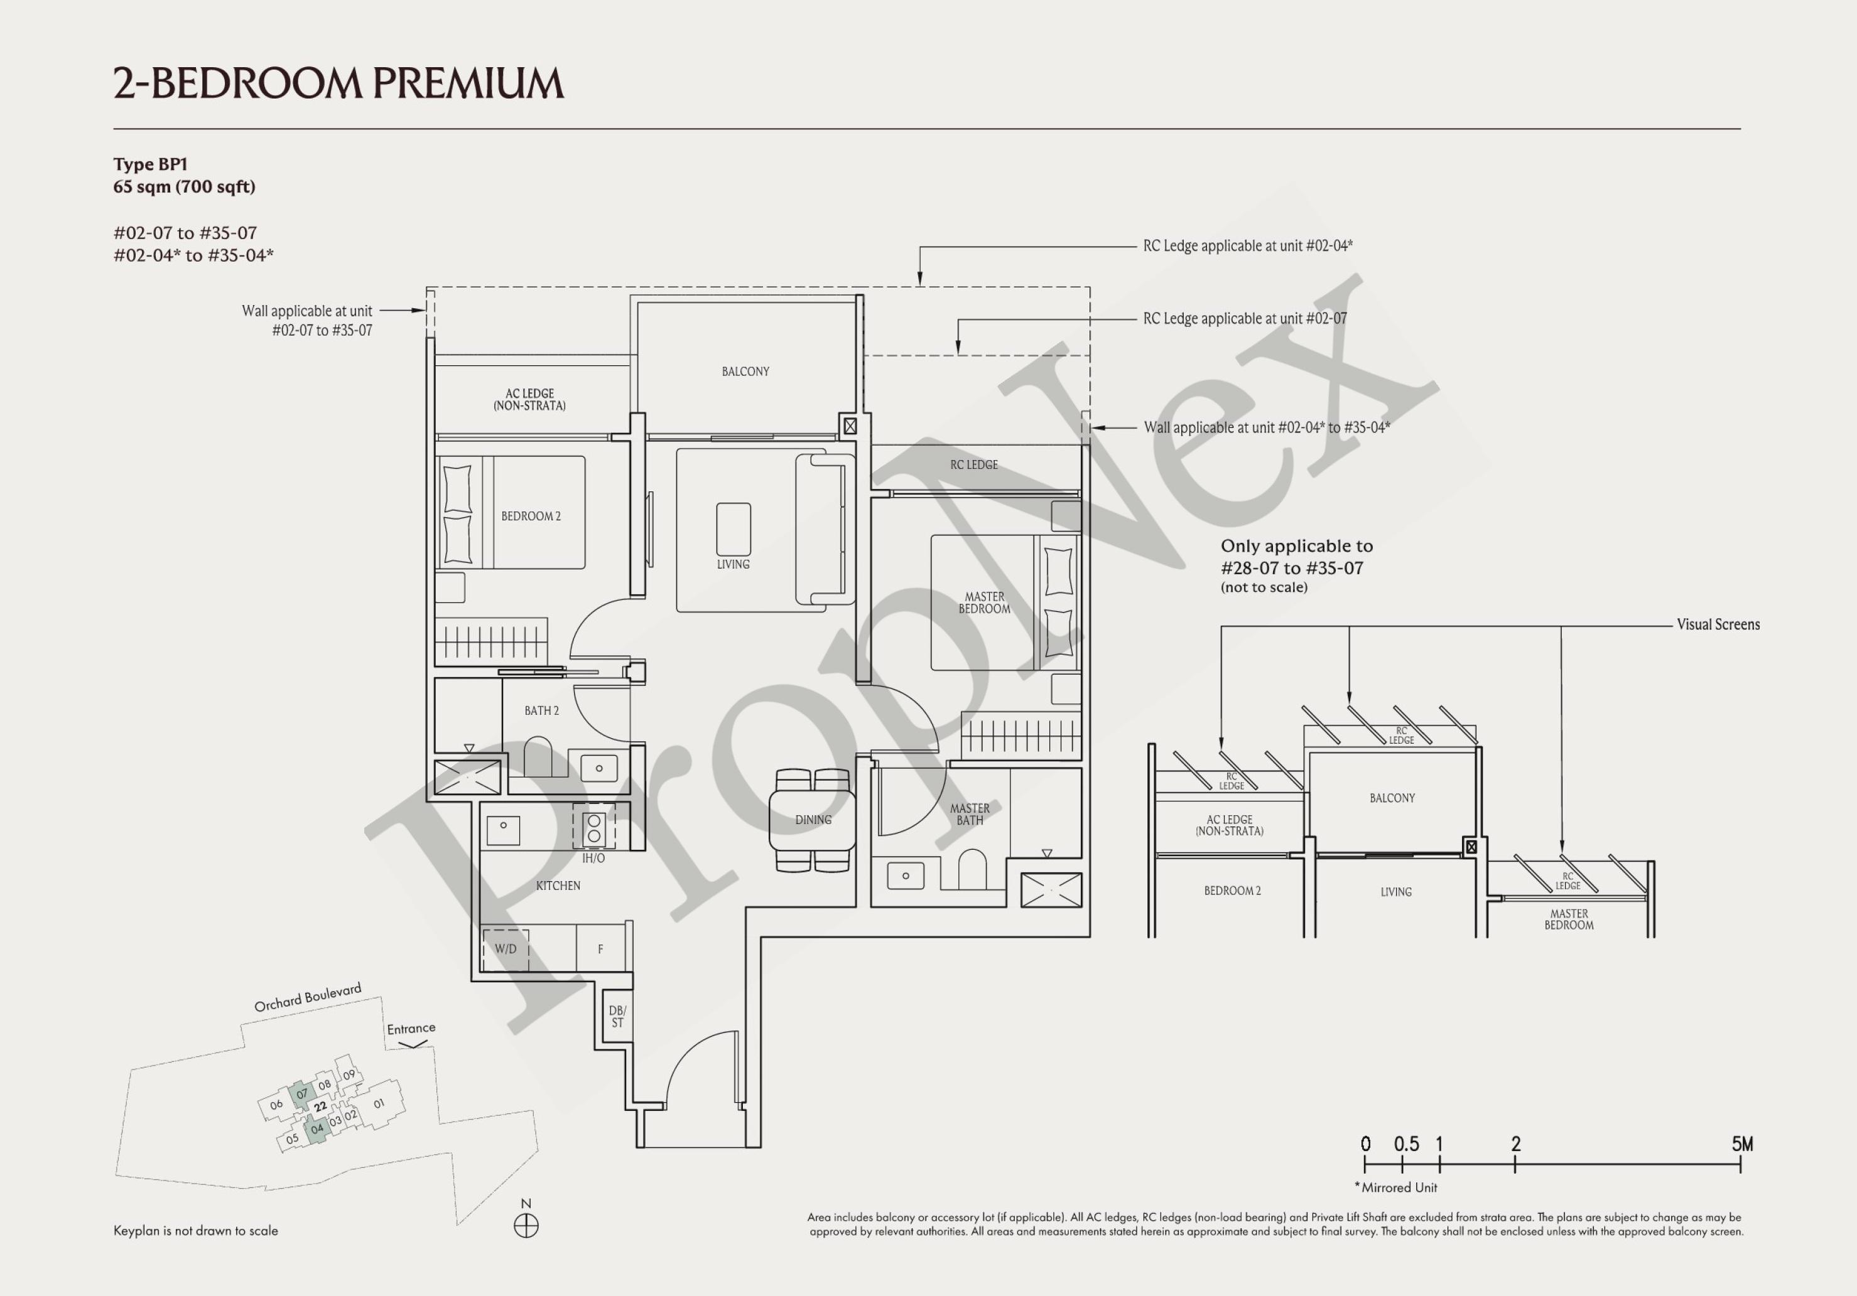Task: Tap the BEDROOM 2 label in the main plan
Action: point(531,516)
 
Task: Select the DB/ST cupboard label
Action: point(617,1016)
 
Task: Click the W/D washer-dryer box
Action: point(506,949)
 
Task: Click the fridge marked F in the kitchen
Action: point(600,949)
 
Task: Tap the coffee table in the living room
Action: point(733,528)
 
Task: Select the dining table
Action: point(812,820)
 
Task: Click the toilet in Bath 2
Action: point(538,756)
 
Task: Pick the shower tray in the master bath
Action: point(1051,890)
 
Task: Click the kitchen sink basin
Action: point(503,830)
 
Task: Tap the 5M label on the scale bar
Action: point(1742,1144)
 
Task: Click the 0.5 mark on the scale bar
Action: point(1407,1144)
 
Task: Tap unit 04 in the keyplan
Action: point(317,1128)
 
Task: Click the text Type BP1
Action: point(151,164)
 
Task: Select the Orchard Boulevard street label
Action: point(308,998)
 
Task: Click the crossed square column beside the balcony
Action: point(849,426)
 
